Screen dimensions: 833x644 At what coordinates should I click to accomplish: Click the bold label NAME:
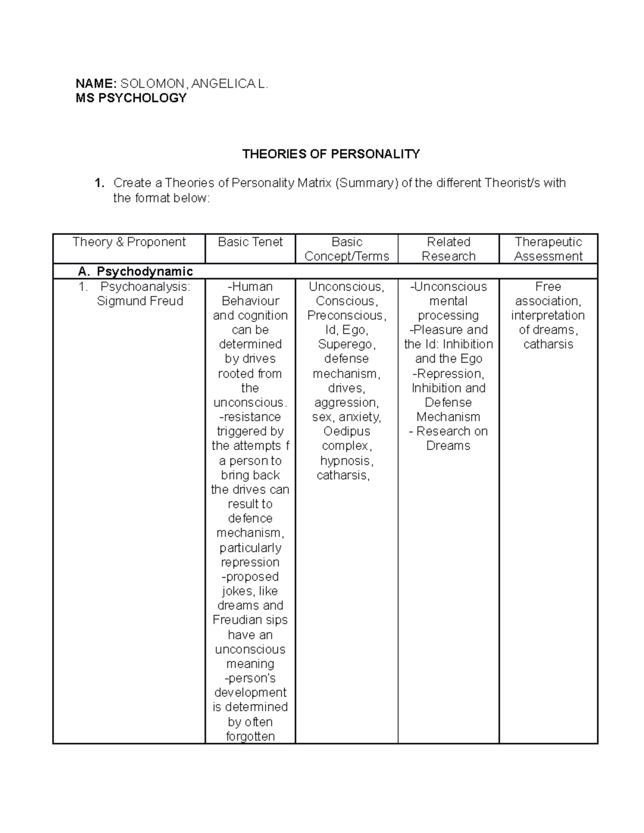point(96,83)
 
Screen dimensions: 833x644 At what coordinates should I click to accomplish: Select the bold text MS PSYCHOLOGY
point(131,98)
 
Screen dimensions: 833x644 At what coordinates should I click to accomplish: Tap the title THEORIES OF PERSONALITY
point(331,154)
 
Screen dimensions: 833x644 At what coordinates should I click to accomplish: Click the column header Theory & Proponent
point(129,242)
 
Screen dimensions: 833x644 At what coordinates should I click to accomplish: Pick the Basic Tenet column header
point(250,242)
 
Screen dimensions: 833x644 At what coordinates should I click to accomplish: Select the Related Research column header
point(448,249)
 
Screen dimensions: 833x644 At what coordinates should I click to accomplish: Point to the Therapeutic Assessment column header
point(548,249)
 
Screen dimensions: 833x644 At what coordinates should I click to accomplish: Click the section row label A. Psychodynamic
point(135,271)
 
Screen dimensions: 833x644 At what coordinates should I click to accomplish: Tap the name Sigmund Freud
point(140,301)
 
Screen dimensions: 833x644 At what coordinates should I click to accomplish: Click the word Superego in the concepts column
point(346,344)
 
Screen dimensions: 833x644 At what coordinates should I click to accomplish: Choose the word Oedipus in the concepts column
point(347,431)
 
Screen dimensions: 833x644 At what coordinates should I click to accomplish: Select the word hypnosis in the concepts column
point(346,461)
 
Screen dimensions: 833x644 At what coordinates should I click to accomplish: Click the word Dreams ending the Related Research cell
point(448,446)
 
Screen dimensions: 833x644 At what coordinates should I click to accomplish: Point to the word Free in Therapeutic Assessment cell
point(548,287)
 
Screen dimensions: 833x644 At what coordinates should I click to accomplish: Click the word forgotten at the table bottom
point(250,736)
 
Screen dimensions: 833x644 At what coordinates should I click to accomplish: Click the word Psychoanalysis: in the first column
point(145,286)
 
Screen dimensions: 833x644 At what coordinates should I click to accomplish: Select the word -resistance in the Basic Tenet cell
point(250,417)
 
